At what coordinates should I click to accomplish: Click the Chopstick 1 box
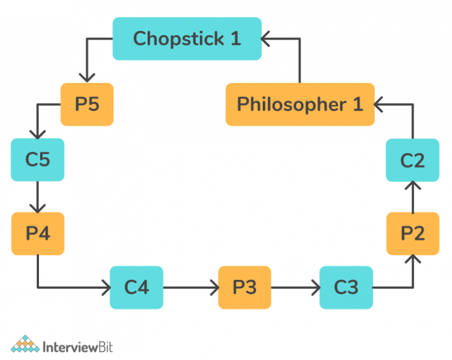click(x=187, y=38)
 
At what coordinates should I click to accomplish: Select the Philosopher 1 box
click(x=300, y=105)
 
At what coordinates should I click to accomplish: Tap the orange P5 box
click(x=87, y=105)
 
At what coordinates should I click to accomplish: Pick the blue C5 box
click(x=37, y=160)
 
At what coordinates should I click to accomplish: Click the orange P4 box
click(x=37, y=233)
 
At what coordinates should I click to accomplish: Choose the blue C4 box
click(x=136, y=288)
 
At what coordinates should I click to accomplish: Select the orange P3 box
click(x=244, y=288)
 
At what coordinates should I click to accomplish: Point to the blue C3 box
click(x=346, y=288)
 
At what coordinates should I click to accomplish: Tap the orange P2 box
click(x=413, y=233)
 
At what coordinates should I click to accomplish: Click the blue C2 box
click(x=413, y=161)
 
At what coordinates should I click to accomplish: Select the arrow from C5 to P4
click(x=37, y=197)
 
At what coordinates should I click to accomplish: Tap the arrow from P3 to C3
click(x=295, y=288)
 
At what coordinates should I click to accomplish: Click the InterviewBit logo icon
click(x=25, y=344)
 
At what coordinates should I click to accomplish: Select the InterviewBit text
click(x=78, y=345)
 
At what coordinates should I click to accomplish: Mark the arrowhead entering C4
click(x=105, y=288)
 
